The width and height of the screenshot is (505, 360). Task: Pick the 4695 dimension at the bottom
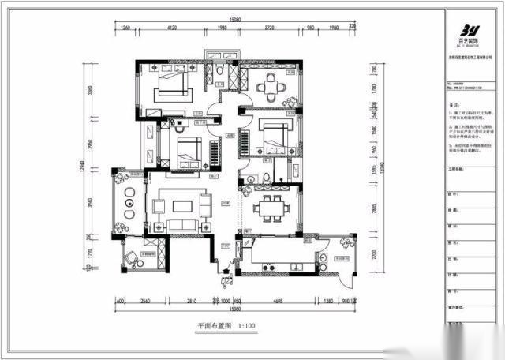pyautogui.click(x=278, y=301)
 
